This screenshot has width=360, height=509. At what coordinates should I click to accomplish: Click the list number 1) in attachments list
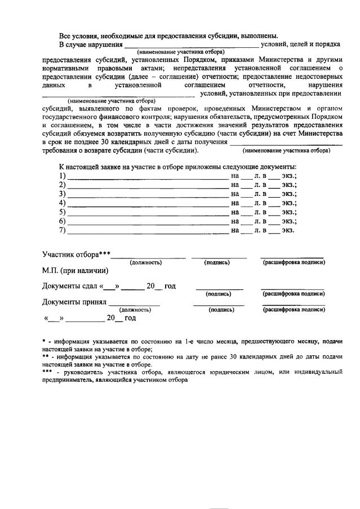pos(62,176)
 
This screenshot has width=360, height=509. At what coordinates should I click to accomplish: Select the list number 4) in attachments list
pos(62,203)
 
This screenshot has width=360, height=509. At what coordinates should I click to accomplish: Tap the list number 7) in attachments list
pos(62,230)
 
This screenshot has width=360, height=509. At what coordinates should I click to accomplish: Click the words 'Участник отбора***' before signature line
pos(76,254)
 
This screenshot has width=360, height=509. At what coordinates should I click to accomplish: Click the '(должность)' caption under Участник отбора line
pos(146,262)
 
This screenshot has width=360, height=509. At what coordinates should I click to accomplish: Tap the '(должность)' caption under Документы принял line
pos(135,310)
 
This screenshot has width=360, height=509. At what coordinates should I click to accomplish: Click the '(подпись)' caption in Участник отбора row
pos(217,262)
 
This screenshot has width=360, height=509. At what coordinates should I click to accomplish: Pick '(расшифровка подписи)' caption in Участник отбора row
pos(293,262)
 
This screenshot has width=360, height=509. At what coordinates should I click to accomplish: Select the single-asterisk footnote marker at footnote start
pos(44,342)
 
